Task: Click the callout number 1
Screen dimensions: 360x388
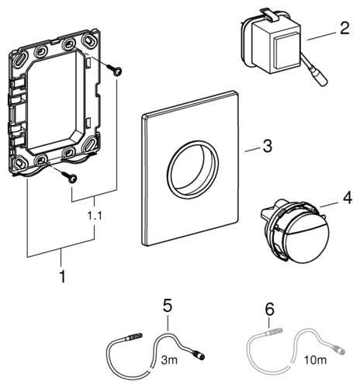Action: [62, 277]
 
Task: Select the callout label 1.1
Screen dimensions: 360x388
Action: [95, 216]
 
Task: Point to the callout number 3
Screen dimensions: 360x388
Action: [268, 146]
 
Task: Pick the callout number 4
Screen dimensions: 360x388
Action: [347, 198]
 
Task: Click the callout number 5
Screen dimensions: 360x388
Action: [168, 306]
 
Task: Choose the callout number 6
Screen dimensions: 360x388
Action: [269, 309]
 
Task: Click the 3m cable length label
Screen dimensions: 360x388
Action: [169, 360]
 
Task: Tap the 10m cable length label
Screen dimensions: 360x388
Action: [315, 360]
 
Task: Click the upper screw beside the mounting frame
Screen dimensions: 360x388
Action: [115, 71]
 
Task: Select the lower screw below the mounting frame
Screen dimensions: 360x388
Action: [69, 177]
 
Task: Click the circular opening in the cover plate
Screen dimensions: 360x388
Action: [192, 169]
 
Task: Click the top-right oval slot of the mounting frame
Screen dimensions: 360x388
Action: [91, 41]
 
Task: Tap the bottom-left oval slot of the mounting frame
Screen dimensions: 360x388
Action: [19, 163]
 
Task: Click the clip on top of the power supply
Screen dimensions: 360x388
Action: [266, 14]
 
